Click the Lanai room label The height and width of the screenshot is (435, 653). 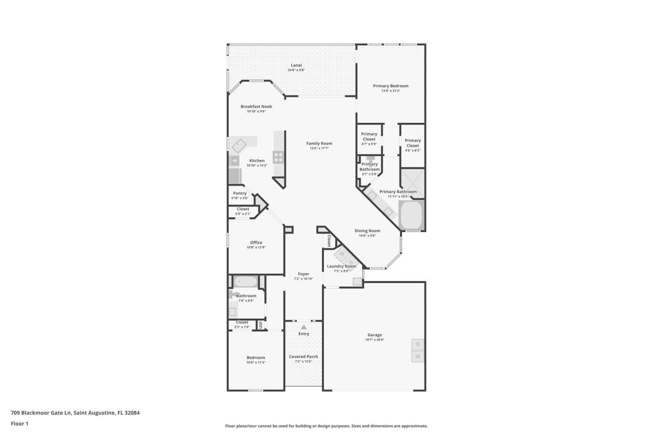point(296,65)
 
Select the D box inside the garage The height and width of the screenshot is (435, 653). point(418,345)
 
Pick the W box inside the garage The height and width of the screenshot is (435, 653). point(418,356)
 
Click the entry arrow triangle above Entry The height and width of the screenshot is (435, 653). point(304,327)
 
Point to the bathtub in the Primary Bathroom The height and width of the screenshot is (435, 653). point(411,216)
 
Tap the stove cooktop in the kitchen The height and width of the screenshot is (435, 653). point(279,157)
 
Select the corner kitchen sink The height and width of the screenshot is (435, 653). point(239,146)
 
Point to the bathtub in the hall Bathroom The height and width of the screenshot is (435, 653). point(246,282)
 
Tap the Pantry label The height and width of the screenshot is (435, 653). point(240,193)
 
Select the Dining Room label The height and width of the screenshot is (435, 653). point(367,231)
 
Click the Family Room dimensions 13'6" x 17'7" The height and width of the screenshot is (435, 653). point(319,148)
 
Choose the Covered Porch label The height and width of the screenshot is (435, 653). point(304,356)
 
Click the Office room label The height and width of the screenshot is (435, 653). point(256,242)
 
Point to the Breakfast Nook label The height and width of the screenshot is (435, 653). point(256,107)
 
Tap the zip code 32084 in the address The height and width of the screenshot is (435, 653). point(131,413)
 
